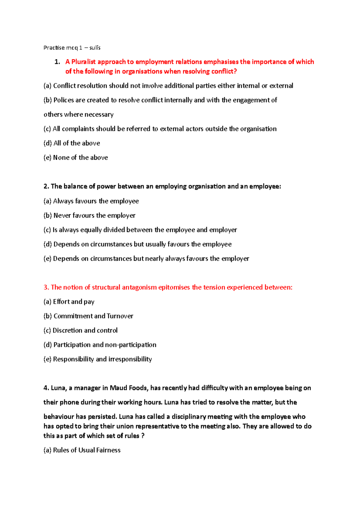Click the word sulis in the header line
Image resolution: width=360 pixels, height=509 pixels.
pos(95,48)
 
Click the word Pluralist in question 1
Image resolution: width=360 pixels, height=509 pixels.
pos(83,62)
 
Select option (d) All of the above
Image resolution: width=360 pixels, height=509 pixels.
pos(72,143)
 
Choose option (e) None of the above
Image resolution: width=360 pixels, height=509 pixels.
pos(76,158)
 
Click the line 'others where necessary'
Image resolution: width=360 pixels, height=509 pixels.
pos(79,115)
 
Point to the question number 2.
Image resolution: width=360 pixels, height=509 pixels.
pos(46,186)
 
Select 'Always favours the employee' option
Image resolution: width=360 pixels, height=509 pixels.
pos(91,201)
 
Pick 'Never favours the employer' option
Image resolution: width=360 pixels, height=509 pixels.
pos(90,216)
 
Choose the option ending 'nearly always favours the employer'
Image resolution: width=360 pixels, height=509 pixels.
pos(146,259)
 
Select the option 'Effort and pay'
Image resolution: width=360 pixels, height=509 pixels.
pos(69,302)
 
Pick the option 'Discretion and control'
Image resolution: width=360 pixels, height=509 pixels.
pos(81,331)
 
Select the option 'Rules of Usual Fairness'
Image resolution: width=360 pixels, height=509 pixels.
pos(82,450)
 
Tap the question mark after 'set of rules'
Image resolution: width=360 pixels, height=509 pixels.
pos(143,436)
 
